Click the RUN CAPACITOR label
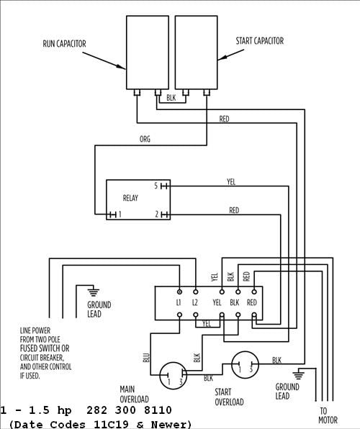pyautogui.click(x=64, y=44)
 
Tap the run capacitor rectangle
pyautogui.click(x=148, y=51)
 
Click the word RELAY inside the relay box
pyautogui.click(x=130, y=198)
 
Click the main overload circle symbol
pyautogui.click(x=173, y=374)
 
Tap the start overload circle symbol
pyautogui.click(x=246, y=365)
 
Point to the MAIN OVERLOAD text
pyautogui.click(x=134, y=394)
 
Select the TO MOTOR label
pyautogui.click(x=328, y=415)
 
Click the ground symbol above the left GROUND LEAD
pyautogui.click(x=91, y=292)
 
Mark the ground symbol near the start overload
pyautogui.click(x=300, y=374)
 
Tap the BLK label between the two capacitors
pyautogui.click(x=171, y=96)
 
